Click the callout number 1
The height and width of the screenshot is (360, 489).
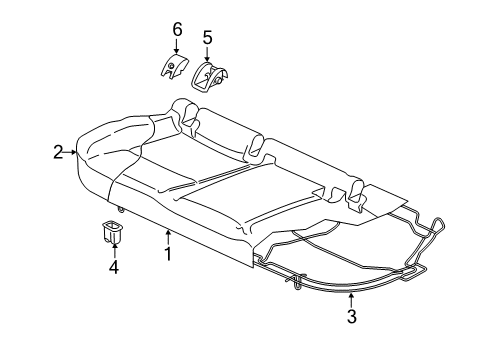click(x=168, y=254)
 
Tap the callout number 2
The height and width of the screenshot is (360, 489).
click(x=58, y=152)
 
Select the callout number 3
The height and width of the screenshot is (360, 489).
click(x=352, y=316)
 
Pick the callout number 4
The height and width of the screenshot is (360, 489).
click(x=114, y=267)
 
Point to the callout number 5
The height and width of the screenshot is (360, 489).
click(x=207, y=38)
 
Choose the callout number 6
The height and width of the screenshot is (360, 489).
click(x=177, y=29)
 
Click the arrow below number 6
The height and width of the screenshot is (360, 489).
click(x=176, y=46)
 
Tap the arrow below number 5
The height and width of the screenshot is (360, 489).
click(x=207, y=54)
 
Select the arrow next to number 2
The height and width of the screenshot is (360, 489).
click(x=70, y=152)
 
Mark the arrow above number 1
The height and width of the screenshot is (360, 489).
click(x=168, y=237)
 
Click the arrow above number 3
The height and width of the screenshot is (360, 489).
click(x=351, y=299)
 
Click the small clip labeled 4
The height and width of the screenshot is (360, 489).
click(x=112, y=232)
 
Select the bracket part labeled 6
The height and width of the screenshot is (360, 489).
click(x=173, y=66)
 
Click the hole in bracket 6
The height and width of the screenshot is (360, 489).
click(x=171, y=66)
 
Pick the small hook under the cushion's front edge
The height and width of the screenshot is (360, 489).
click(x=120, y=209)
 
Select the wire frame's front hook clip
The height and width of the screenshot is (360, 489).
click(x=296, y=282)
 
